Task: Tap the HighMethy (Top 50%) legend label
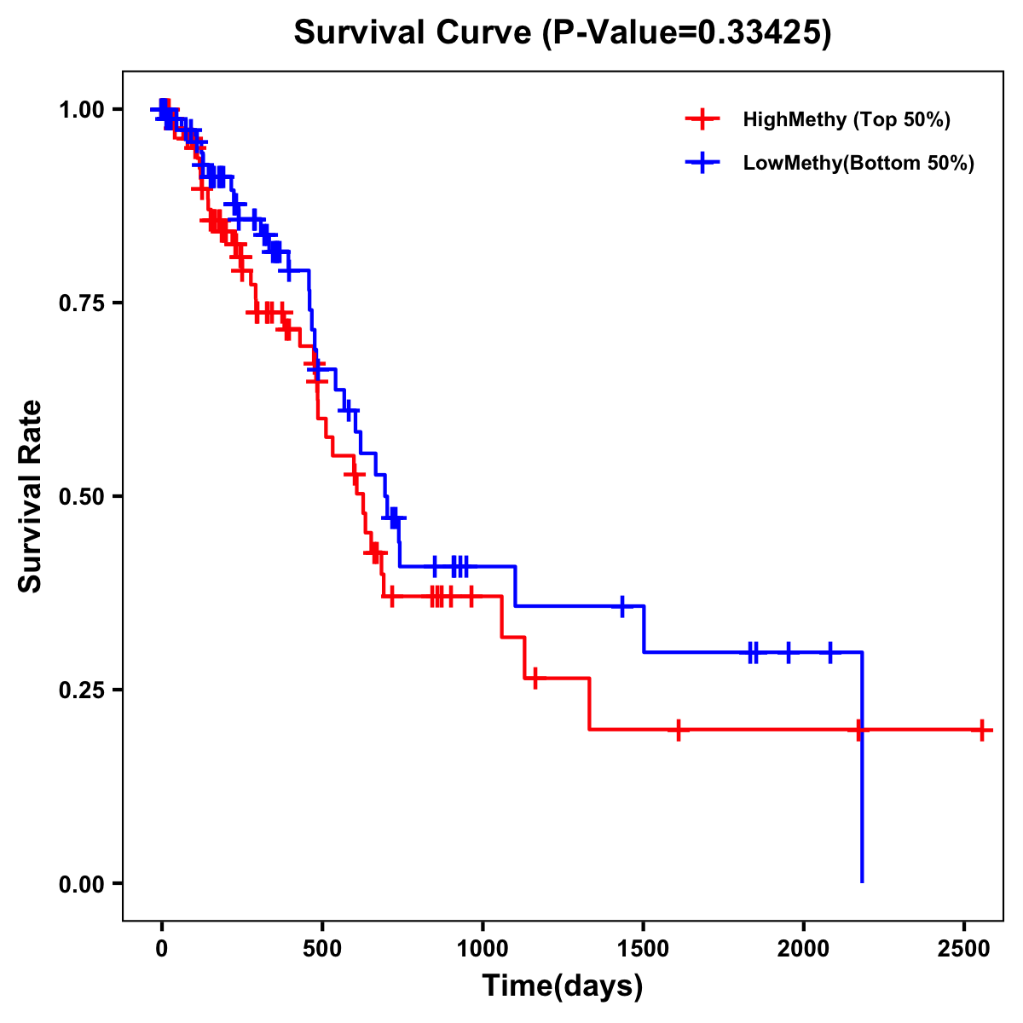coord(846,119)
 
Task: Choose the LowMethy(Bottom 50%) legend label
coord(858,163)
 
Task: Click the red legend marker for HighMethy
coord(701,119)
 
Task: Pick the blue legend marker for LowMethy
coord(701,163)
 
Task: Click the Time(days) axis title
coord(563,986)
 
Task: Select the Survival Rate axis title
coord(31,496)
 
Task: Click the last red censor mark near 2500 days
coord(982,730)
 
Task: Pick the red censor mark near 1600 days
coord(678,730)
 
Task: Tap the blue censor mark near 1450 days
coord(622,606)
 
